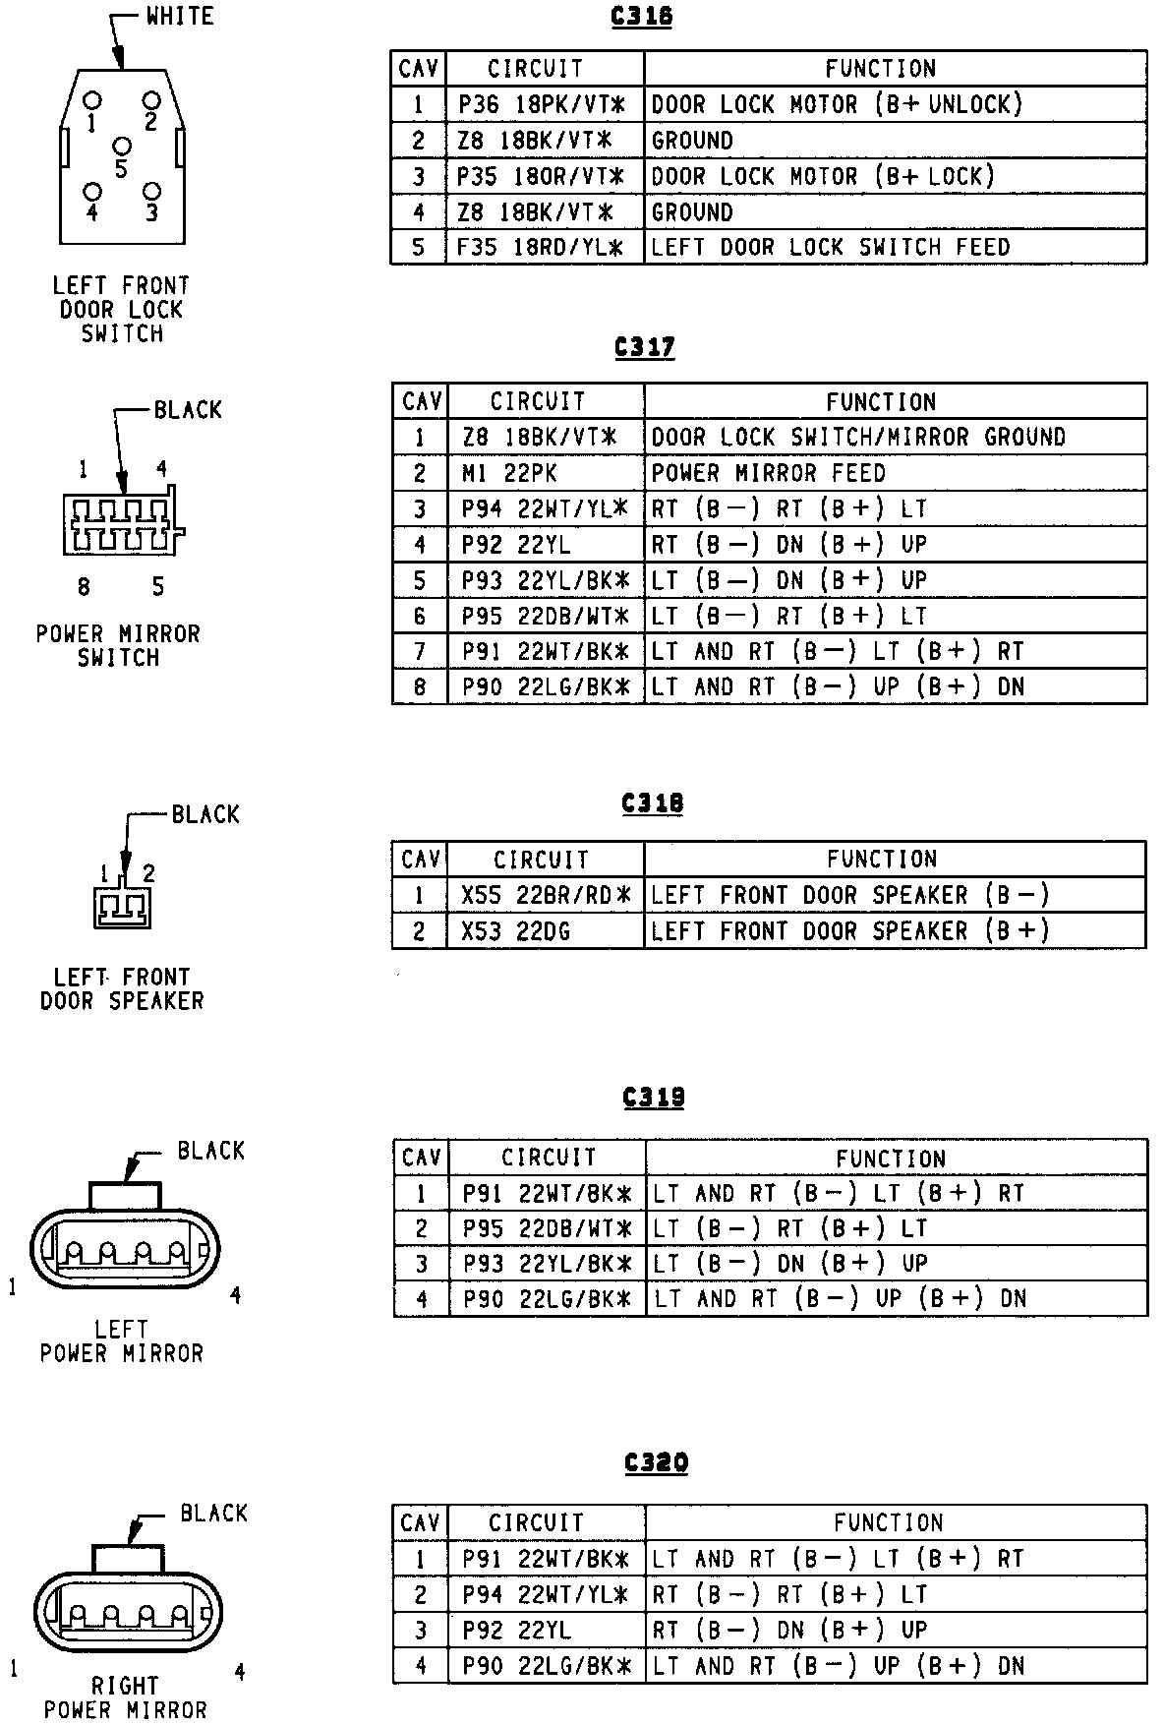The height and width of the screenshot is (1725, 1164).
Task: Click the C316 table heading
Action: click(x=641, y=17)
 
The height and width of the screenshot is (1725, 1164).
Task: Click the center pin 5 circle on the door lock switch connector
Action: click(x=122, y=147)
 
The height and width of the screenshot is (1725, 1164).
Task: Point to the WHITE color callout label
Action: click(x=179, y=16)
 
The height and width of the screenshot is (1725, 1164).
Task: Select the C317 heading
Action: click(x=644, y=347)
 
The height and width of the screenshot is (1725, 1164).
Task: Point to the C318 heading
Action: click(x=652, y=803)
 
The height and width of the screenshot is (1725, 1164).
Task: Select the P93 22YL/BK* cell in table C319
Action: click(x=547, y=1263)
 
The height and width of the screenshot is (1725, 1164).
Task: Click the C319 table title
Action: click(x=654, y=1097)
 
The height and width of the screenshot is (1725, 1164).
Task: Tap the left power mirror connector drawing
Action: click(x=125, y=1248)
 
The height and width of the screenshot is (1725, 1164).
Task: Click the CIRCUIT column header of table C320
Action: click(x=537, y=1522)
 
